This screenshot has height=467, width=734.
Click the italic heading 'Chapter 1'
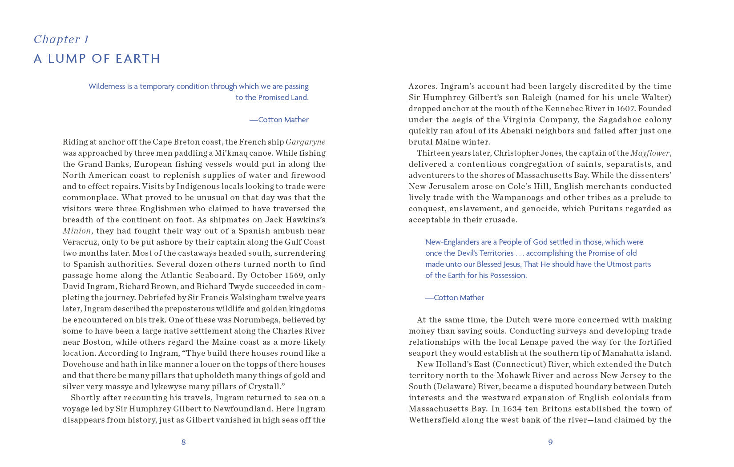click(x=61, y=40)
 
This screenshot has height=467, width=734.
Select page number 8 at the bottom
click(x=183, y=442)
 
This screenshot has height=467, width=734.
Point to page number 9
click(x=550, y=442)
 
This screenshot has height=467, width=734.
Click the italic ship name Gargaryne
click(x=305, y=142)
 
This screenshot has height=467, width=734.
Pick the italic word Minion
click(x=77, y=231)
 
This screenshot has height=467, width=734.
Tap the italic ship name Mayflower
click(x=649, y=153)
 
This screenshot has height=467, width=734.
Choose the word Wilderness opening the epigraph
click(x=107, y=86)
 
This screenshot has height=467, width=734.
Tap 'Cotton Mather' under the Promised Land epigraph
click(x=283, y=120)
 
